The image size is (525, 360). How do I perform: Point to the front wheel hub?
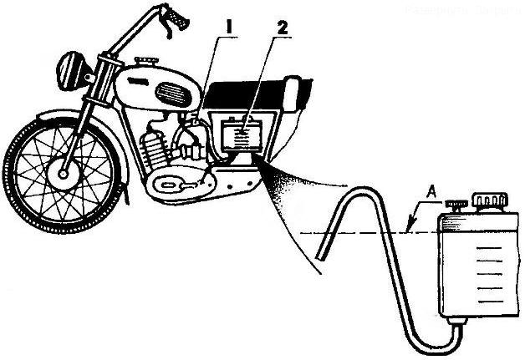tap(62, 176)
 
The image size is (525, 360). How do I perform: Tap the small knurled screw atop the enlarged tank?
tap(456, 205)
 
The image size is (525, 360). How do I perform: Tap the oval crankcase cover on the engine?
tap(176, 182)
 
